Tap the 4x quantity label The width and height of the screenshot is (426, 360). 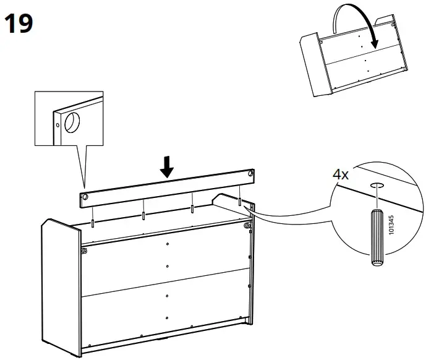click(x=341, y=174)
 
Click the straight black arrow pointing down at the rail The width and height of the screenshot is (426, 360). click(x=166, y=166)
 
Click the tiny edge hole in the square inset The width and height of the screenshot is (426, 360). click(x=58, y=124)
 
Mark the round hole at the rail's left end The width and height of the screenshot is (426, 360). click(x=84, y=197)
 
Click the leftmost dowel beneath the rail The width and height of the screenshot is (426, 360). click(x=93, y=221)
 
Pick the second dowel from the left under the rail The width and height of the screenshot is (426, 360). click(x=143, y=214)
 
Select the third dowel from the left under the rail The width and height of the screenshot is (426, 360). click(x=192, y=208)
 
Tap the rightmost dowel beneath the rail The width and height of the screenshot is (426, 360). click(x=239, y=201)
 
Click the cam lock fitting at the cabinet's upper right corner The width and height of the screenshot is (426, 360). click(x=248, y=226)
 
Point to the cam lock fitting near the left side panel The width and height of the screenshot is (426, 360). click(x=83, y=251)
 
